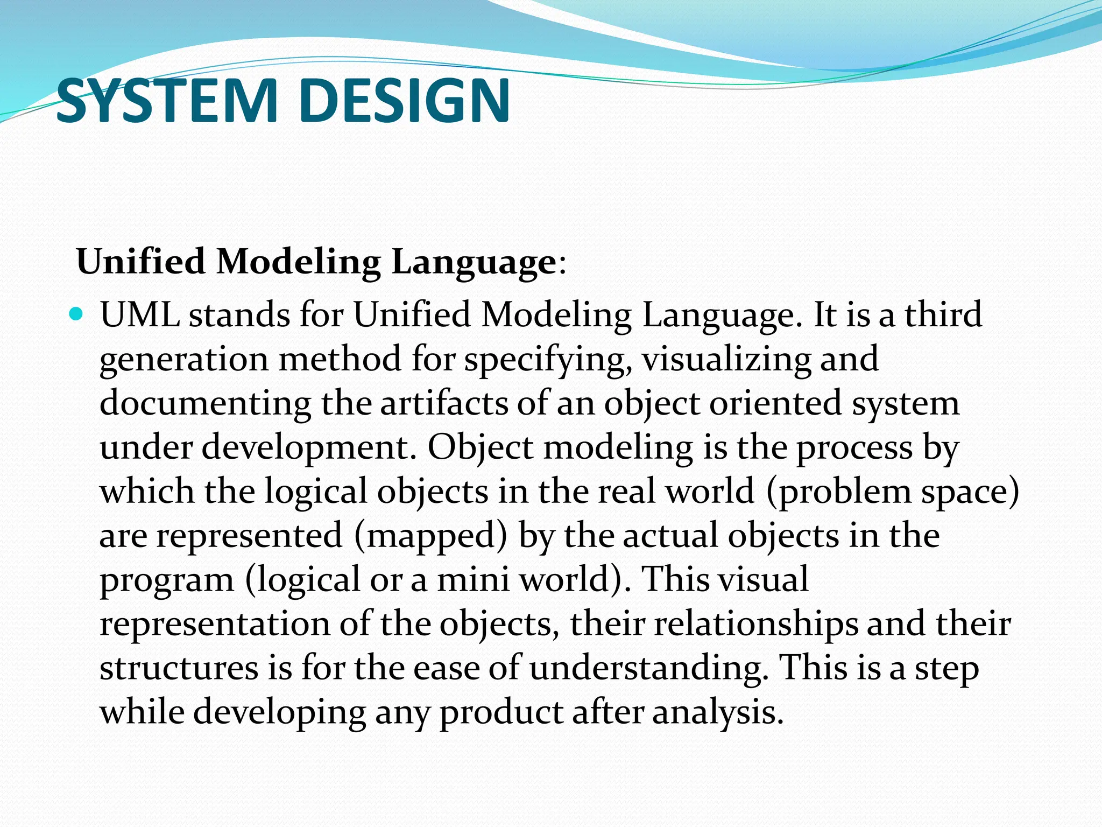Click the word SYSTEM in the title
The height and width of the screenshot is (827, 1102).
(166, 101)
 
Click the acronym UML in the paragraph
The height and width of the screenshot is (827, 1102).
(140, 314)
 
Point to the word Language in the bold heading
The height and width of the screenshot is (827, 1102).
(474, 262)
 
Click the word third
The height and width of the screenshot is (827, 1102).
(943, 314)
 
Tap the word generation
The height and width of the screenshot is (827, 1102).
(184, 360)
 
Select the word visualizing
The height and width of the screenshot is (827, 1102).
(726, 360)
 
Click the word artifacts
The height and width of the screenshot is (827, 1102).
(444, 403)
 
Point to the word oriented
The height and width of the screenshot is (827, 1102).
(775, 403)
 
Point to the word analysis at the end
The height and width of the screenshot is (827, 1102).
(718, 712)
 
